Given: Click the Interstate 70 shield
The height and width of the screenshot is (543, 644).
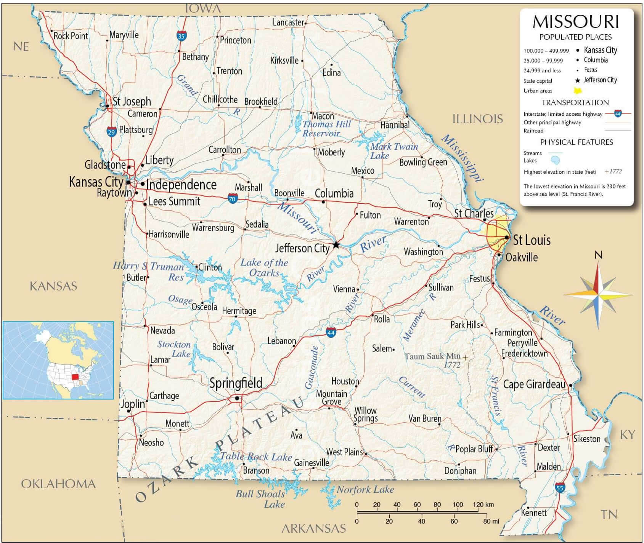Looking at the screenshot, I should pos(233,198).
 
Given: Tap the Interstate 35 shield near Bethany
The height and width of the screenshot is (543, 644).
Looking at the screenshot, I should pos(181,36).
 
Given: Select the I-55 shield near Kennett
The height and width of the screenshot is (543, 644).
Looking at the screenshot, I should pos(560,488).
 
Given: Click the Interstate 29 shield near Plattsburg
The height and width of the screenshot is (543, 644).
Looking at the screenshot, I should pos(111,132).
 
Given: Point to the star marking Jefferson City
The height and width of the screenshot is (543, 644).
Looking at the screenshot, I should pos(336,245).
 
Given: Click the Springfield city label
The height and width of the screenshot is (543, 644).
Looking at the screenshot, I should pos(236,383).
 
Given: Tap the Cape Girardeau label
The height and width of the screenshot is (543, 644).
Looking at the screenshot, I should pos(534,384).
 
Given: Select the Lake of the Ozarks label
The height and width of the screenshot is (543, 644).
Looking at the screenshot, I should pos(264,267).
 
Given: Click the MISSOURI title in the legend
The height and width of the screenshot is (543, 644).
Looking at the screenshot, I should pos(575,22).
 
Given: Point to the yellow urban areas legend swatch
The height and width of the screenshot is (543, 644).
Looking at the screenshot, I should pos(578,91).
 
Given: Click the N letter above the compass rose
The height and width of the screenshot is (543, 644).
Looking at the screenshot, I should pos(598,255).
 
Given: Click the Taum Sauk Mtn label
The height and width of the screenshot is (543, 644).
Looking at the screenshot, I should pos(432,356).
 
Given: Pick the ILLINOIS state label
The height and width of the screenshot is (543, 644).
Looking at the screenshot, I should pos(477,119).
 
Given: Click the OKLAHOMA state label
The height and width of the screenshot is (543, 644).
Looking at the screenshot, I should pos(58,484).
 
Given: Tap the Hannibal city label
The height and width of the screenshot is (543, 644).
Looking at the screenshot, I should pos(395,125).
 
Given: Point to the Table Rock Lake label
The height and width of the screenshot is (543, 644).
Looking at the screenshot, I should pos(256,457).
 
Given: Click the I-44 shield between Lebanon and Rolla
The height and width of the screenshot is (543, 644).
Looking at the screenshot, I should pos(331,333).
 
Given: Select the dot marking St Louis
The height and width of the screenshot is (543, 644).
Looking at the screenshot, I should pos(506,237).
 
